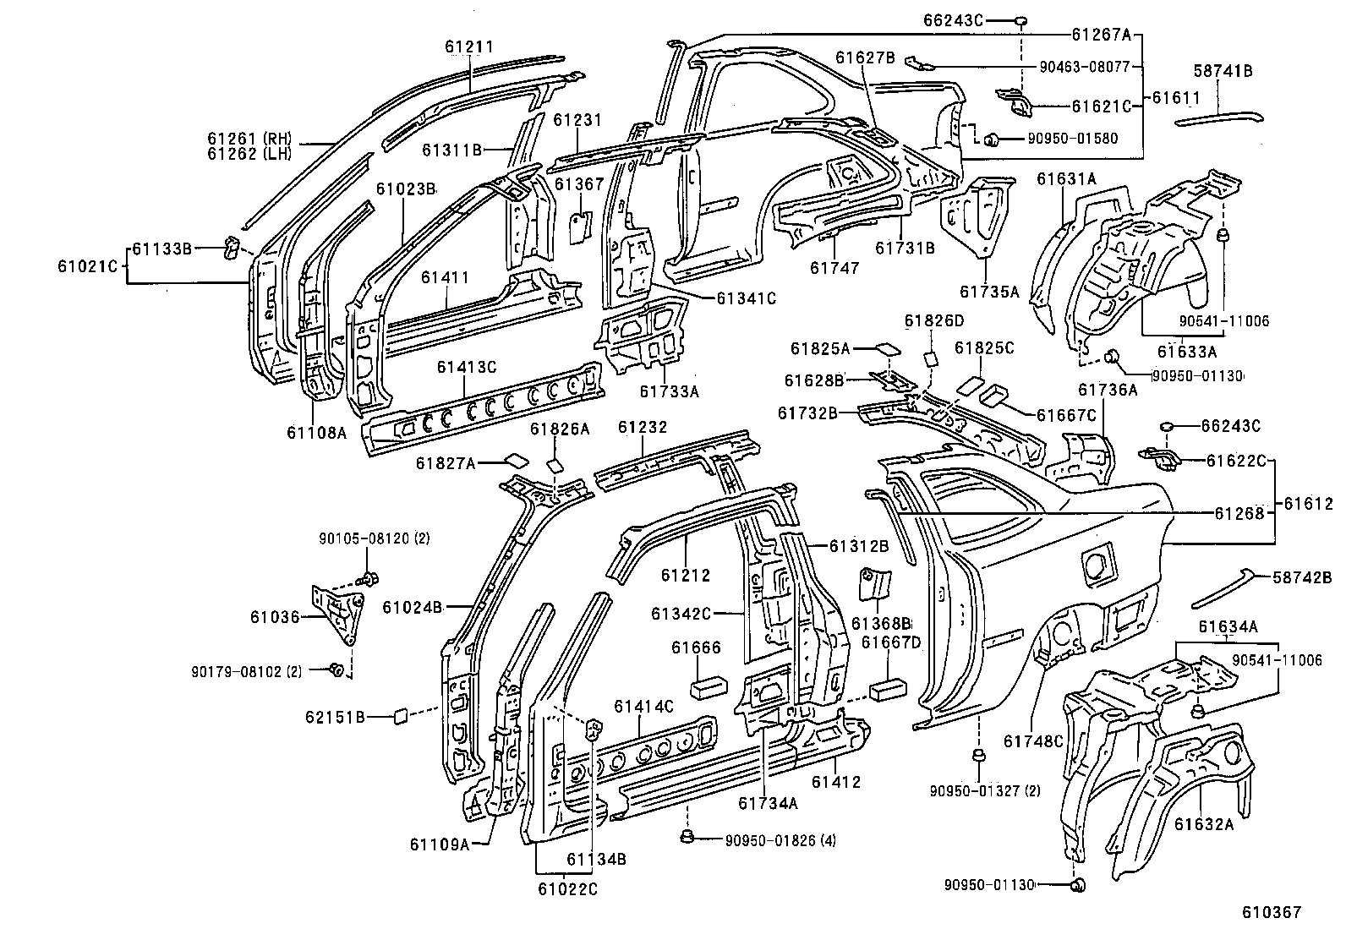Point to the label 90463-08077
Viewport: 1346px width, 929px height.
(1085, 66)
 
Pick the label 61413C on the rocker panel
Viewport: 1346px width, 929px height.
(466, 367)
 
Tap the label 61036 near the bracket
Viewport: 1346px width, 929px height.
(274, 617)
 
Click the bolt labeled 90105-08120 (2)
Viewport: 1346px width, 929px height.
(369, 579)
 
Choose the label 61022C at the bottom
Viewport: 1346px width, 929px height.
(566, 888)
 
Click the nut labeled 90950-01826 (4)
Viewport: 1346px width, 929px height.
(687, 839)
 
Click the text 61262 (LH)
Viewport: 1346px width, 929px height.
(249, 153)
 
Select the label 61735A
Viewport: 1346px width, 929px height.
(989, 292)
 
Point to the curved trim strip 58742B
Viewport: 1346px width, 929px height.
(1222, 592)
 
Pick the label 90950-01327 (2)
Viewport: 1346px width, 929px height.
(984, 790)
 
